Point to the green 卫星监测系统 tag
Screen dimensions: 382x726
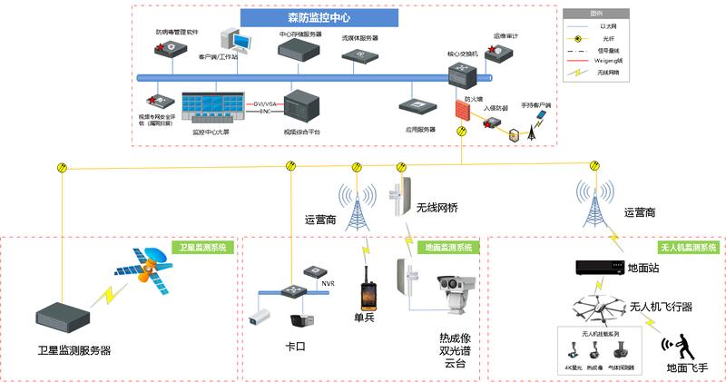pos(204,247)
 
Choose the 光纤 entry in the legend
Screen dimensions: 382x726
pos(600,38)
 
